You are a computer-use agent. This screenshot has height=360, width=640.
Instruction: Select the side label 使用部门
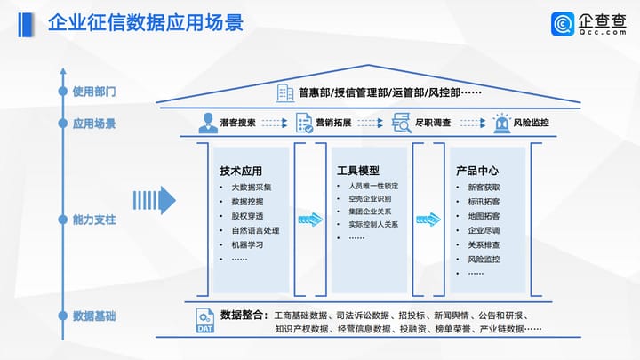click(94, 92)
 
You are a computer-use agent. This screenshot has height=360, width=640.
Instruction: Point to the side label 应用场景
click(94, 124)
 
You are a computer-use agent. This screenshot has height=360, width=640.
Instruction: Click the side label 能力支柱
click(94, 218)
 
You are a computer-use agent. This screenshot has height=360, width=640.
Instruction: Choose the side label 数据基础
click(94, 316)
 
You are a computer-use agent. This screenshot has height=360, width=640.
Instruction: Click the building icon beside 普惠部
click(285, 92)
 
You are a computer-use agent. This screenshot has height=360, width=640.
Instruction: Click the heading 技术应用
click(241, 170)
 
